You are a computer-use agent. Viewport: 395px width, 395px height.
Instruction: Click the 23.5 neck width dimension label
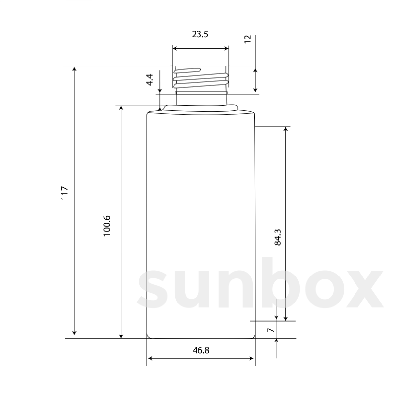[x=200, y=34]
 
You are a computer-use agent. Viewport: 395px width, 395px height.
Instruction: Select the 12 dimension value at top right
[x=248, y=39]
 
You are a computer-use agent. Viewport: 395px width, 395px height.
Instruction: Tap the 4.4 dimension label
[x=150, y=80]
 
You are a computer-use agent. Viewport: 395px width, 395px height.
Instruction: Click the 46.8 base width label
[x=201, y=350]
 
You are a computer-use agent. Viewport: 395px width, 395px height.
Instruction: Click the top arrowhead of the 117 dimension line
[x=75, y=69]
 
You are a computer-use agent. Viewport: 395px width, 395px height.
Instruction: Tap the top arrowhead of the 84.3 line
[x=285, y=129]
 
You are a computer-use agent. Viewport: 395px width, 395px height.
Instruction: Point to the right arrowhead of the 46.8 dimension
[x=252, y=359]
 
